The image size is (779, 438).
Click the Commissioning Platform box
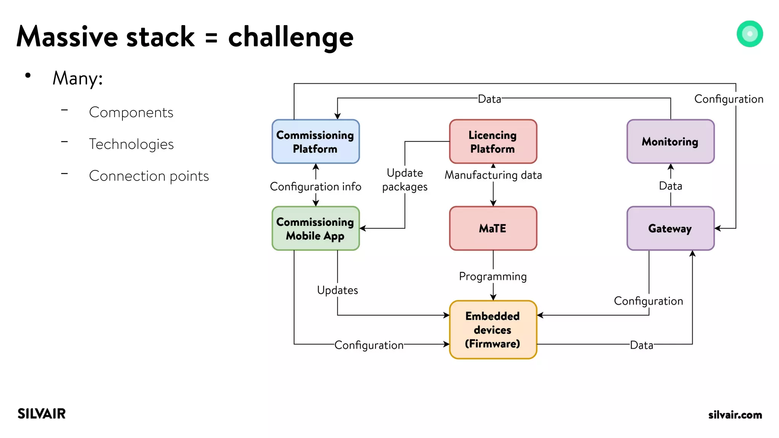coord(315,141)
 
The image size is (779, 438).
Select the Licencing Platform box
coord(493,141)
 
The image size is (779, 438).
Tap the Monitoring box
coord(670,141)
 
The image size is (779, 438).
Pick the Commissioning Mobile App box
coord(315,229)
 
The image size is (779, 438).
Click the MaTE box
coord(493,229)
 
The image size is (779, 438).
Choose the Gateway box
coord(670,229)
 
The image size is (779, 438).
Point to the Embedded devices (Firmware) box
coord(493,330)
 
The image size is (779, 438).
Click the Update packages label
coord(405,180)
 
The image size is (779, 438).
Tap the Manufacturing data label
coord(493,175)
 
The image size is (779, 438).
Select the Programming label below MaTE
coord(493,276)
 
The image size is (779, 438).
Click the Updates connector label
coord(337,290)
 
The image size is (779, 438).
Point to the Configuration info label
coord(315,187)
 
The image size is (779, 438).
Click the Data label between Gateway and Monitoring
coord(670,186)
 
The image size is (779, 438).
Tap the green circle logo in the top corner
coord(749,34)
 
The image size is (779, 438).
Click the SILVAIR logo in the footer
coord(41,414)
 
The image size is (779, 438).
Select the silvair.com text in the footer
coord(735,415)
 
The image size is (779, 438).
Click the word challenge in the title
coord(291,37)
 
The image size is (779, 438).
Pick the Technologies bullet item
coord(131,144)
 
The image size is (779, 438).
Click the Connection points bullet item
coord(149,176)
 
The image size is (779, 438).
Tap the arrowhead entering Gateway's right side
coord(718,229)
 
